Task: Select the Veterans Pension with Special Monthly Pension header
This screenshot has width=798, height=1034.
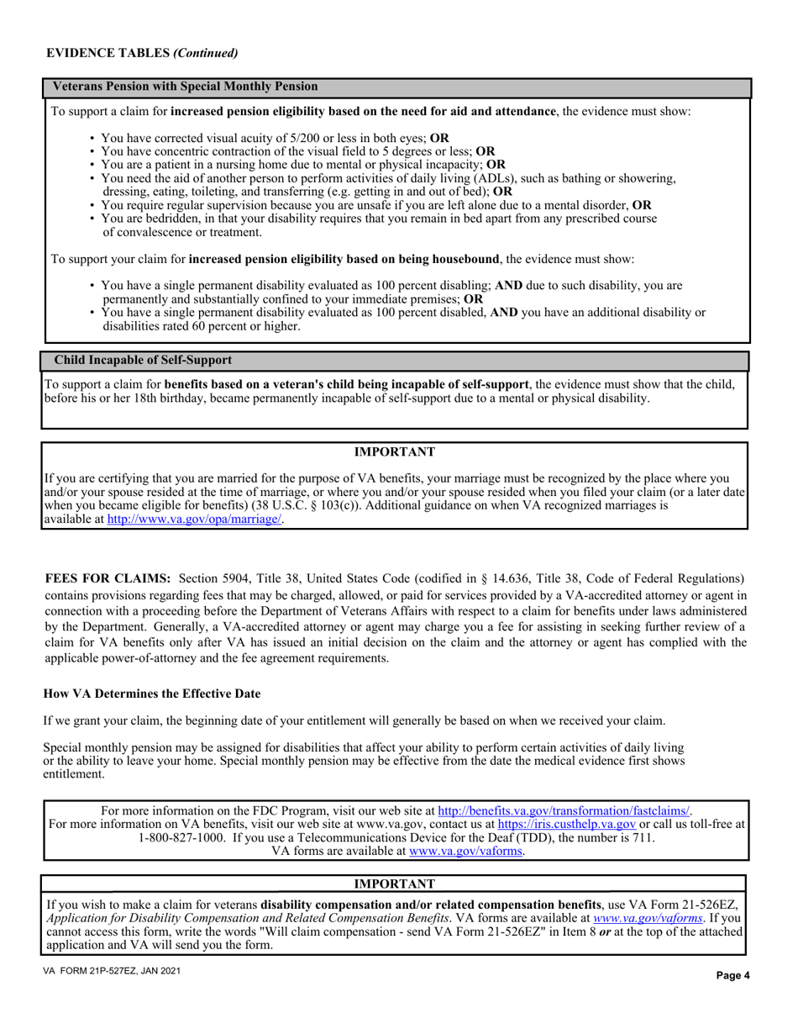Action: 186,87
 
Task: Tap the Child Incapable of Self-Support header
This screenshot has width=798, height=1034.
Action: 143,360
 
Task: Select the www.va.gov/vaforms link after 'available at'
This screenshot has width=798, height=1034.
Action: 466,852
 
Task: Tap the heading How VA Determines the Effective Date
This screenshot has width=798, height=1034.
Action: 152,694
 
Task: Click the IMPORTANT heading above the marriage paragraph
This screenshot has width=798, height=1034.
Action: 394,452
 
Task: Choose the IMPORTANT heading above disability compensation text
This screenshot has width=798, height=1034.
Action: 394,884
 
